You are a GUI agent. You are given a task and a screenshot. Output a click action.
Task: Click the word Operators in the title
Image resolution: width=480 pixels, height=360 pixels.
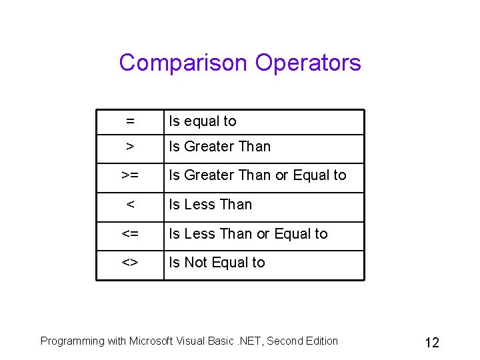tap(308, 63)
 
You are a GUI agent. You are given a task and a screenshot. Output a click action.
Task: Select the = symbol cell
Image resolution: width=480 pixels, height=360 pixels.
tap(130, 121)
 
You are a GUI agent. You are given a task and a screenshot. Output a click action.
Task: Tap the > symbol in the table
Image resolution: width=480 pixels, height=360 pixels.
tap(130, 147)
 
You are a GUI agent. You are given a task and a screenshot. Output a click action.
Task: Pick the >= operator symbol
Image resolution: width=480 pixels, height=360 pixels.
tap(130, 175)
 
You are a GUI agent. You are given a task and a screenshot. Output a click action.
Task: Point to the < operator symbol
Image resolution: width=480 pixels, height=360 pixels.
tap(130, 205)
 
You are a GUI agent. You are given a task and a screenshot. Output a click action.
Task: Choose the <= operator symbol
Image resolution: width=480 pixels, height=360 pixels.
tap(130, 234)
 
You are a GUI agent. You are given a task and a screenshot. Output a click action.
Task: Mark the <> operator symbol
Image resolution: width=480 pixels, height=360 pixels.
tap(130, 263)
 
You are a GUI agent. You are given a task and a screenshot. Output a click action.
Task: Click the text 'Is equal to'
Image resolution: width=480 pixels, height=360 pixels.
tap(203, 121)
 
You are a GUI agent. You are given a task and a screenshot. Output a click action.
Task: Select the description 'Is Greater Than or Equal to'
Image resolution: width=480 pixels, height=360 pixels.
tap(257, 175)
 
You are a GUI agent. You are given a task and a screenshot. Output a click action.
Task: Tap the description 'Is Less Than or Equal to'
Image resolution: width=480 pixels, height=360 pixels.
tap(248, 234)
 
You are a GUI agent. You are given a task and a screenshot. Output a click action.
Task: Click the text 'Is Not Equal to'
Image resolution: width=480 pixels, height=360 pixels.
tap(217, 263)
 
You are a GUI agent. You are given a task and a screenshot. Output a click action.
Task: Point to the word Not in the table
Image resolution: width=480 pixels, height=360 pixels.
tap(195, 263)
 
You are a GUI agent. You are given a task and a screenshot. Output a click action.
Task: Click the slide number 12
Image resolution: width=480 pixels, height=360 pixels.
tap(432, 343)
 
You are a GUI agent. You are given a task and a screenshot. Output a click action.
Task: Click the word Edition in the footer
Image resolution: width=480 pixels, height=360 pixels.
tap(321, 341)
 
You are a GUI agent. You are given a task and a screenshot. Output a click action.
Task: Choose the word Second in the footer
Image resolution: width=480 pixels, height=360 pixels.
tap(284, 341)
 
